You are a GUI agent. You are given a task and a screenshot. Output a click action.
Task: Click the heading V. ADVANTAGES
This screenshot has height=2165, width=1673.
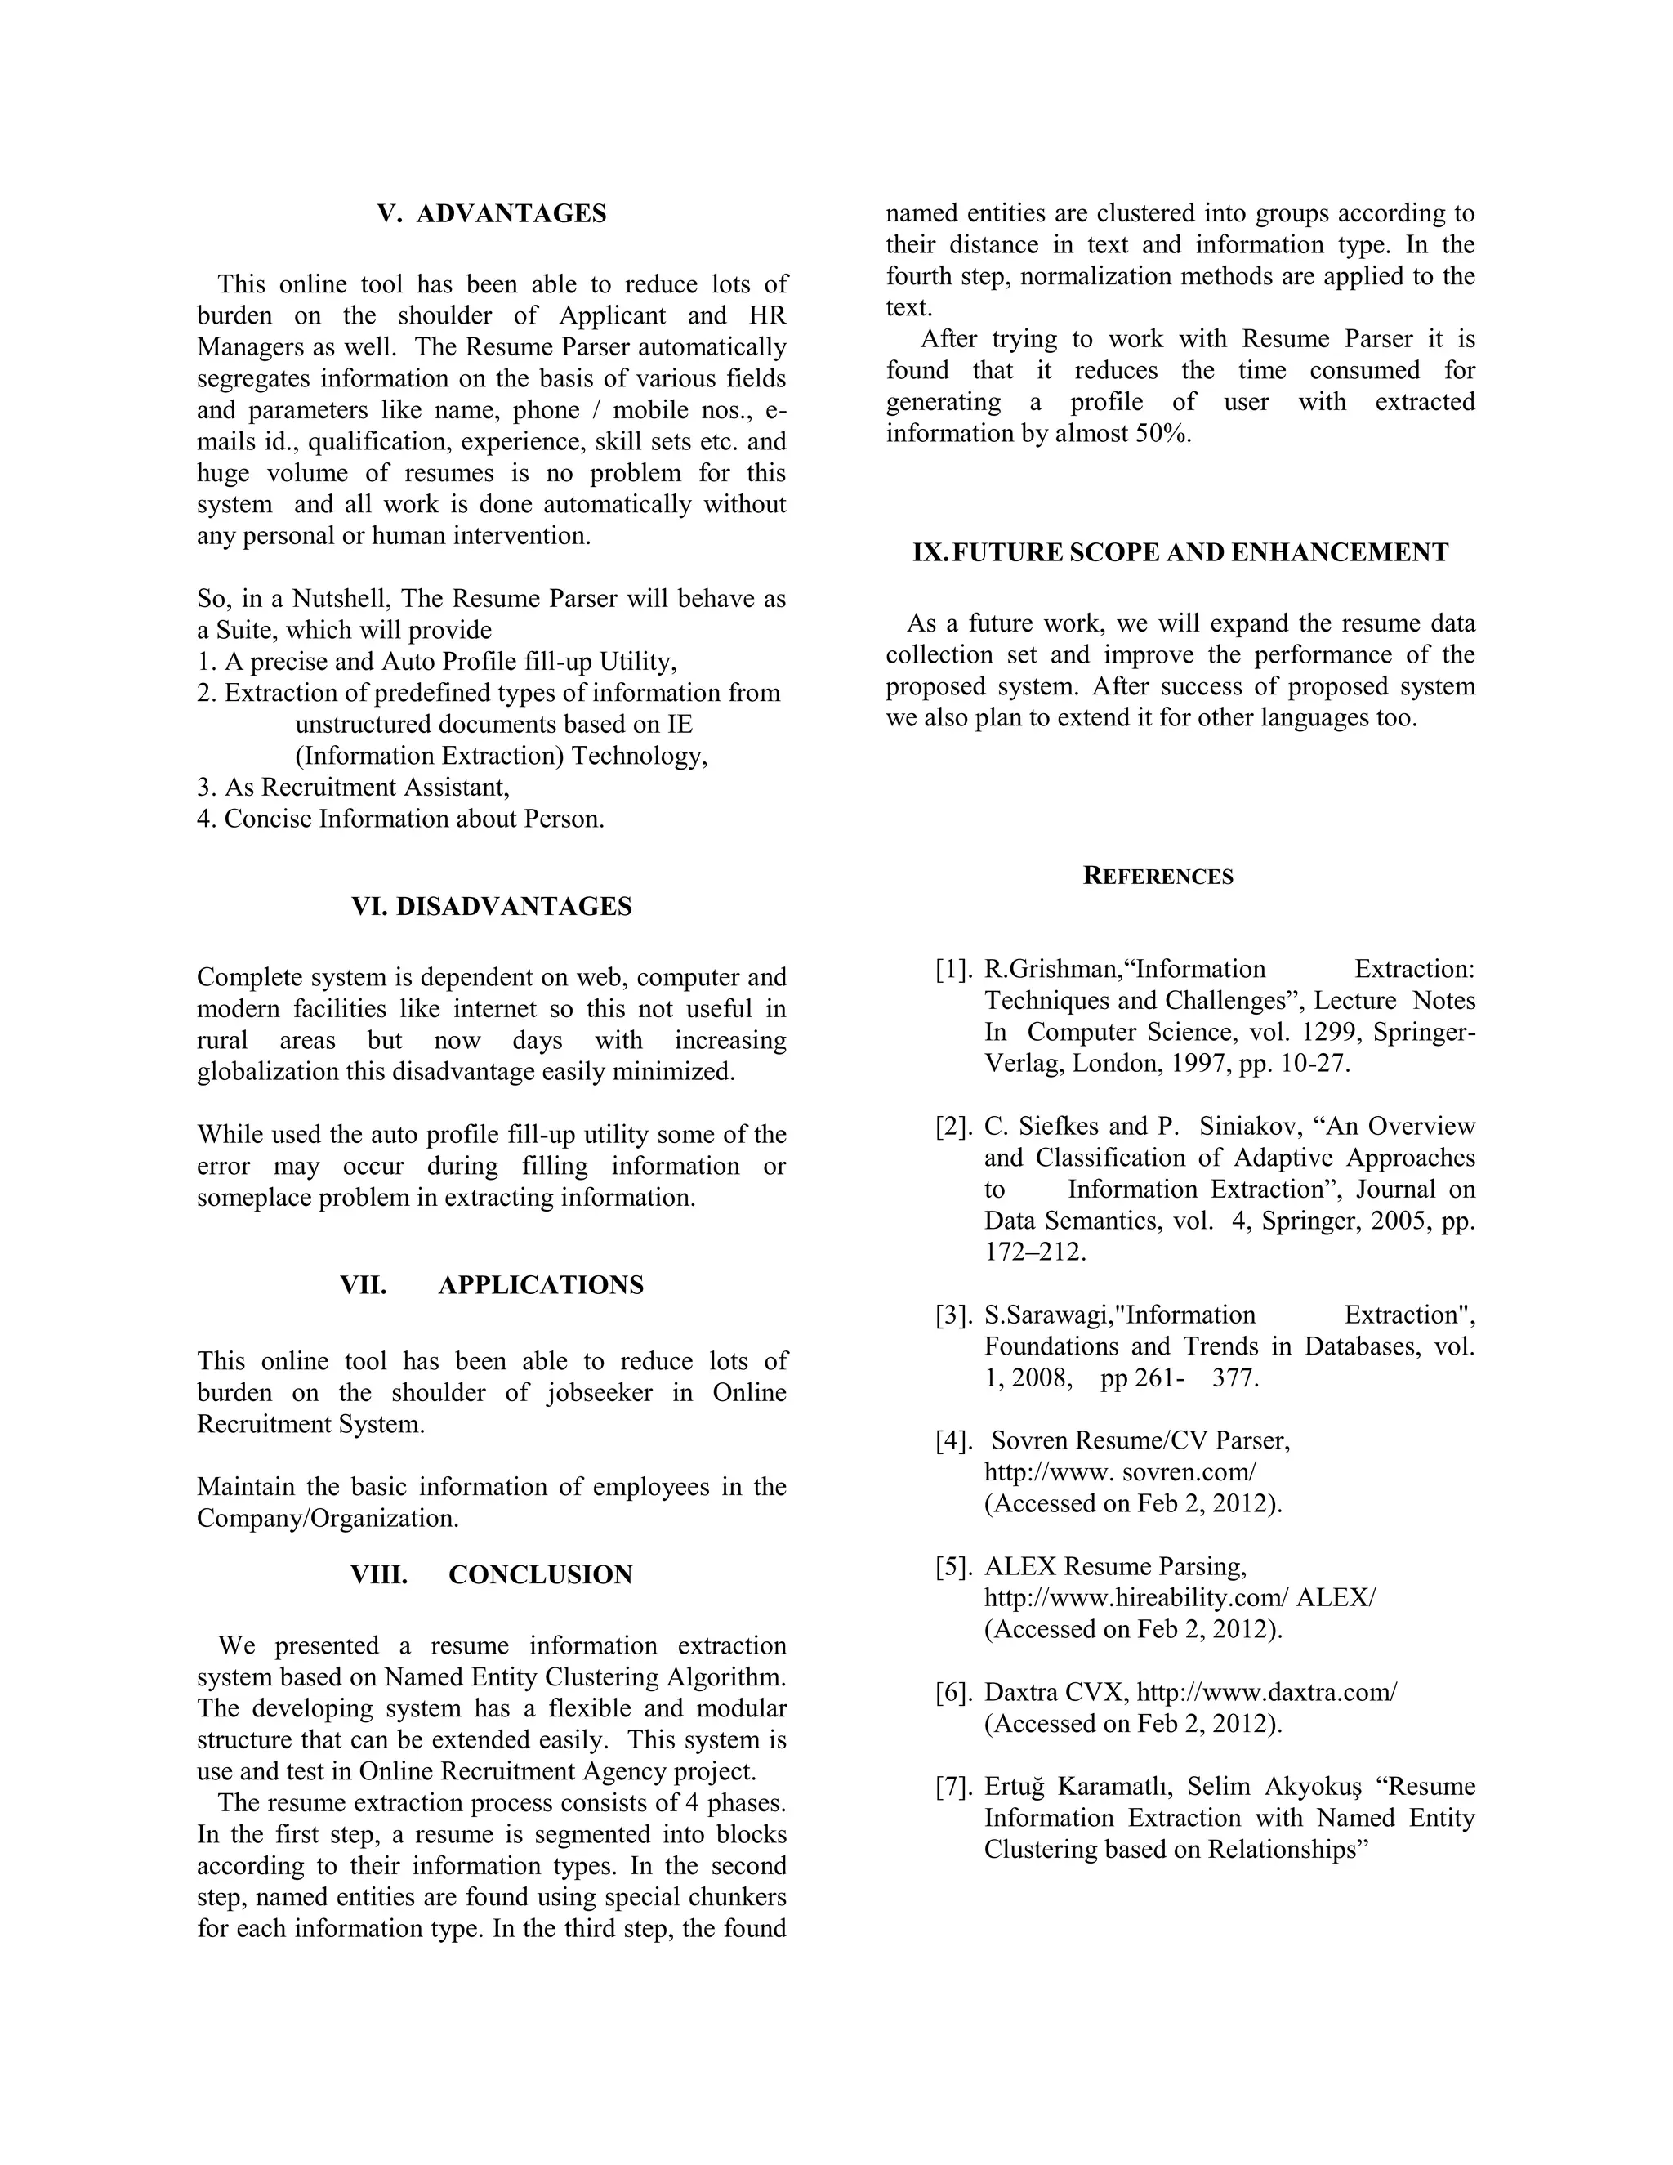[x=492, y=214]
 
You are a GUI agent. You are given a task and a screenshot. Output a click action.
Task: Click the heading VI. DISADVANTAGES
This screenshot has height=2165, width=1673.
[x=492, y=907]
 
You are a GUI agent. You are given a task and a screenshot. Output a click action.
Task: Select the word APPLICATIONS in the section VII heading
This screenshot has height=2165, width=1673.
[x=540, y=1286]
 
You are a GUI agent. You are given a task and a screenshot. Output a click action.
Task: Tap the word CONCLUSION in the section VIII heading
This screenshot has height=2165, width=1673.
[x=540, y=1575]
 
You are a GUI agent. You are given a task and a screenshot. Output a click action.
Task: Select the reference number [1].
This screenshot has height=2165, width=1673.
[x=953, y=970]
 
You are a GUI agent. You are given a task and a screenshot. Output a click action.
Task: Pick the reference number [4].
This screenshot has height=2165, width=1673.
[x=953, y=1441]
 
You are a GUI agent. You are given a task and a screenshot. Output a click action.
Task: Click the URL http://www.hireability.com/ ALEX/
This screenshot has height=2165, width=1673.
[x=1180, y=1598]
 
